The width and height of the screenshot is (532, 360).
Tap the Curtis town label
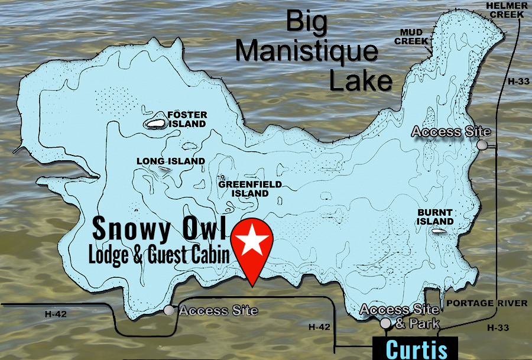click(x=417, y=349)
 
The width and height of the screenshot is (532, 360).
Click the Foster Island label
click(x=187, y=119)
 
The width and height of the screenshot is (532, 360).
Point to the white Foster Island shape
click(x=155, y=124)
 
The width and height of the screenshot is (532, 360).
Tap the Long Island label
click(x=170, y=161)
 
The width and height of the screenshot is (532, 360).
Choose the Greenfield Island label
click(x=249, y=189)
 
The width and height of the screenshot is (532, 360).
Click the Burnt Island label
click(x=435, y=217)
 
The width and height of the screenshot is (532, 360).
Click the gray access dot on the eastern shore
click(x=483, y=145)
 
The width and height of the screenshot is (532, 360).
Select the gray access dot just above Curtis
click(x=385, y=323)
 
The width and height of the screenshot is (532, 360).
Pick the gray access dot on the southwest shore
click(x=169, y=310)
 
